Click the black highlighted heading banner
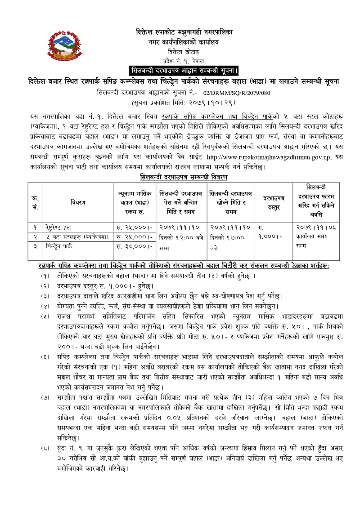[x=184, y=71]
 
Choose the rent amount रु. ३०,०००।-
[x=134, y=246]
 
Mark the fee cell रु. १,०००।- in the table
[x=270, y=232]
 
